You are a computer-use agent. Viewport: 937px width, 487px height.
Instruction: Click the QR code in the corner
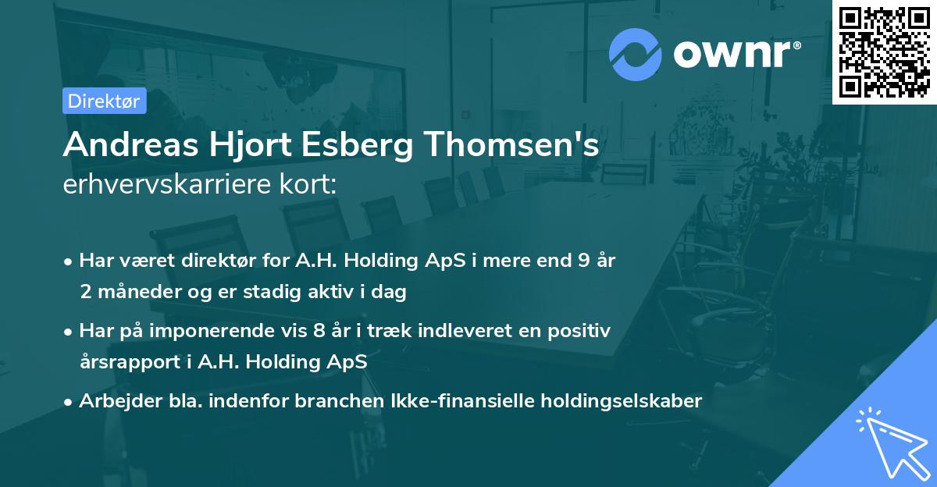(x=884, y=52)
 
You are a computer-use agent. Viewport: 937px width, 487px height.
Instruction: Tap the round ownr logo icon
(x=636, y=54)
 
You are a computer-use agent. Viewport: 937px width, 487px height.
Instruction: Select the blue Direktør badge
(x=104, y=101)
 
